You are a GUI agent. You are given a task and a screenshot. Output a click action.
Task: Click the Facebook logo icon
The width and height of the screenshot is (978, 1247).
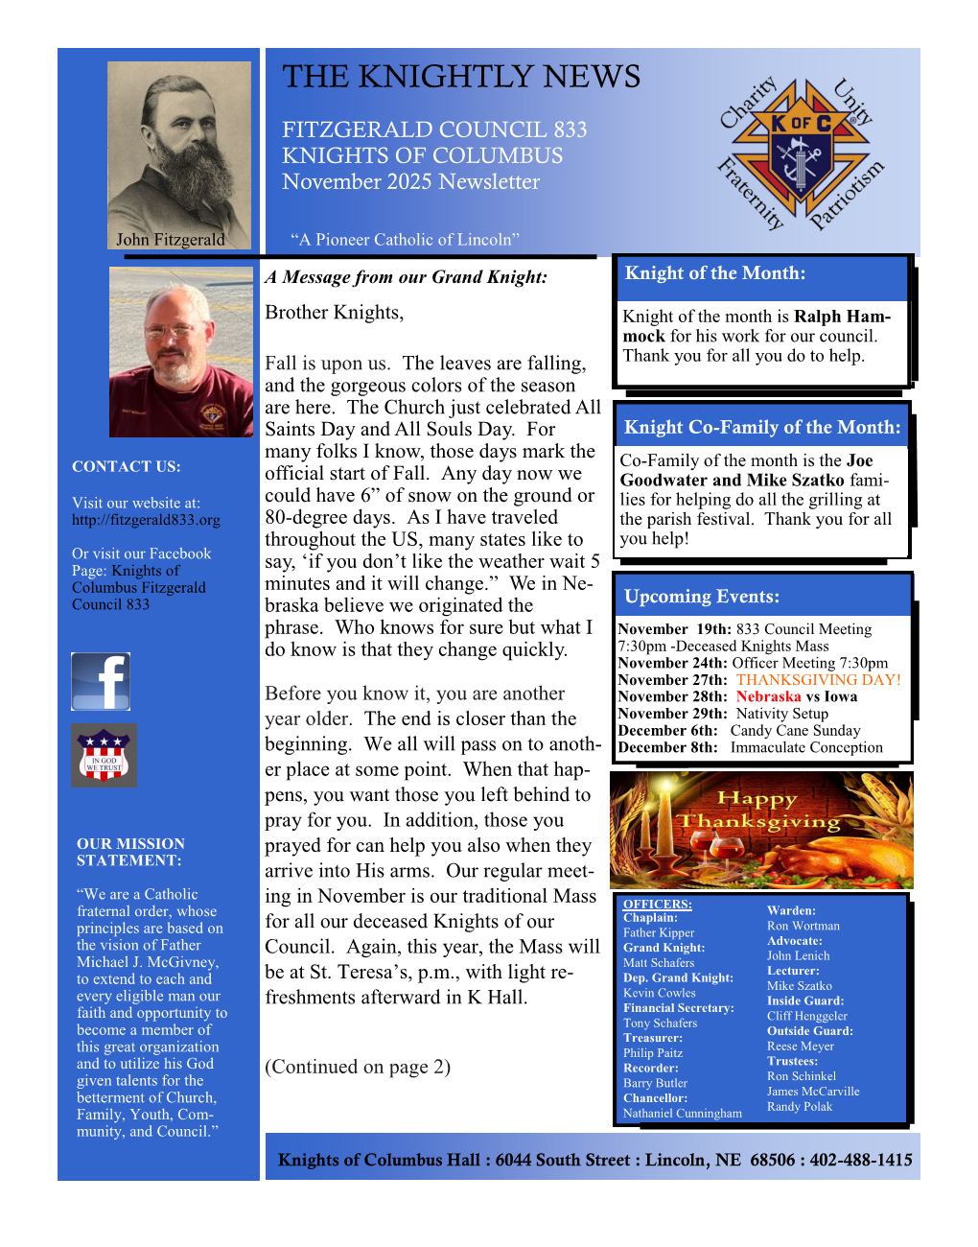101,681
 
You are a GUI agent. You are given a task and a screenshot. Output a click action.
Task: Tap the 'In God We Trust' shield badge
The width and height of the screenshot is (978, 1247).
104,756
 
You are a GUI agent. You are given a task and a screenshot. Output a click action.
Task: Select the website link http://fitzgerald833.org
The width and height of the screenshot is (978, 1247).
146,520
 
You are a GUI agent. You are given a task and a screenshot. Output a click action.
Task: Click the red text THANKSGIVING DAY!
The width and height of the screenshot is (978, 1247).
818,680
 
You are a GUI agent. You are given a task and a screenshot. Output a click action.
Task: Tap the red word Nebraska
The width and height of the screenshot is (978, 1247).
768,697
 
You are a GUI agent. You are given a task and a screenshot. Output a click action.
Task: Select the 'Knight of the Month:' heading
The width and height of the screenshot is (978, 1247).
714,273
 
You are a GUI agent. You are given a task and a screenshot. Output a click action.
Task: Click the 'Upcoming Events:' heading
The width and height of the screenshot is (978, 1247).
702,597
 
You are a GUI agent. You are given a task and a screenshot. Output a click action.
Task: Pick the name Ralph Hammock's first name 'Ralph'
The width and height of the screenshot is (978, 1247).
817,317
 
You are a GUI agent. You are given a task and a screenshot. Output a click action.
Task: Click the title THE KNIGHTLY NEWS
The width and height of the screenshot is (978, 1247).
461,77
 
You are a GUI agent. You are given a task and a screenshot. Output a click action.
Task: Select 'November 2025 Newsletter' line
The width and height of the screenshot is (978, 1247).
410,182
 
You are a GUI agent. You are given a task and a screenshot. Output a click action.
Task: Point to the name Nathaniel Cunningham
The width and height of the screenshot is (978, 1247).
682,1114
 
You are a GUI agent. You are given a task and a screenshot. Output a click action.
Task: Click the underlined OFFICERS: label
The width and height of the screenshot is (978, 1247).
657,904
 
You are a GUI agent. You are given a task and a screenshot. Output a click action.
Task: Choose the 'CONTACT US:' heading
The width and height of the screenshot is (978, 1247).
126,467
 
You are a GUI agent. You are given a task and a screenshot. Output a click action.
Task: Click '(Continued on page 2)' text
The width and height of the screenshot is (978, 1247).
358,1067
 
